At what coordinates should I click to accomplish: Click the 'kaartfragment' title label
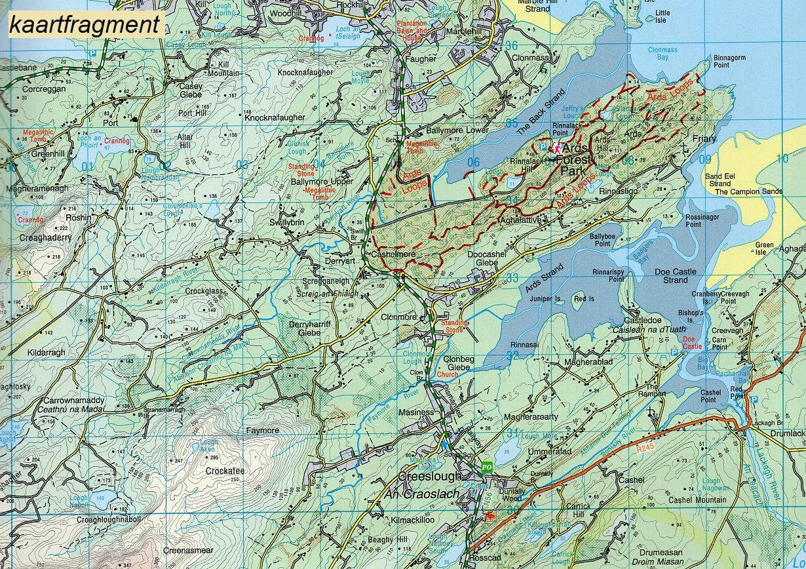point(85,25)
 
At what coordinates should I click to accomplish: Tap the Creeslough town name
point(430,476)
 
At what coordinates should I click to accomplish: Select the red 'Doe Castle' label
point(692,342)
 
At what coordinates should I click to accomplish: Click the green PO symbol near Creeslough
point(486,467)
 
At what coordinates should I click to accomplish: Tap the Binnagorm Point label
point(730,62)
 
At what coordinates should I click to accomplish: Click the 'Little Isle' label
point(662,16)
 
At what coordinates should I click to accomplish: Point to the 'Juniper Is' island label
point(549,298)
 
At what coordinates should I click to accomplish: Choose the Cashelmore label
point(391,254)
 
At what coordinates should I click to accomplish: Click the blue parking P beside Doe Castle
point(674,353)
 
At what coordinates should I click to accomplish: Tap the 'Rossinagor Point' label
point(702,220)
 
